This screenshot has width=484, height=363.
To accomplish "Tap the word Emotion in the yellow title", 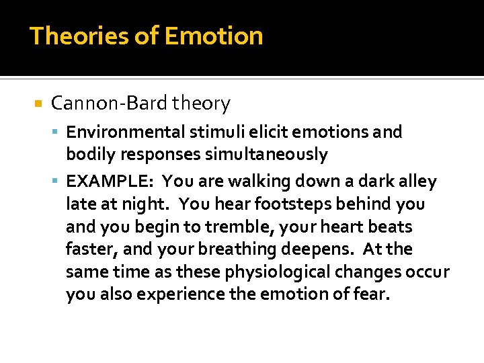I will tap(214, 36).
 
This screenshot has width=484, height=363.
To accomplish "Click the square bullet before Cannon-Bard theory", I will tap(38, 104).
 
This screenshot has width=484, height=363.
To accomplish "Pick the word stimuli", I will tap(207, 132).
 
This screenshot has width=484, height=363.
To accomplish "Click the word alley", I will tap(417, 182).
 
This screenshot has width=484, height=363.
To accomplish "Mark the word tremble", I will tap(216, 227).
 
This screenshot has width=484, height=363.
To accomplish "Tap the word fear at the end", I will tap(373, 295).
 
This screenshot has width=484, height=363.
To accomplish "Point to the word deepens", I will tap(321, 250).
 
